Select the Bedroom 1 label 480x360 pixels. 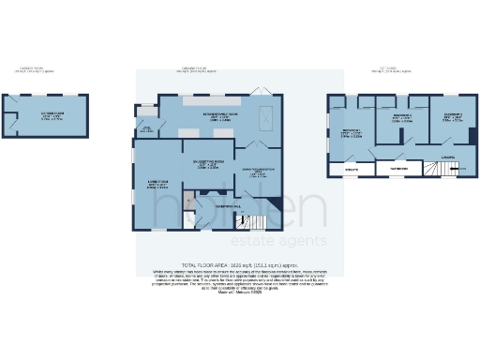pyautogui.click(x=352, y=133)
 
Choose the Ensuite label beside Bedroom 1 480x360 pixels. pyautogui.click(x=352, y=170)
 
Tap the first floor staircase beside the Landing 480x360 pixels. pyautogui.click(x=432, y=170)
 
